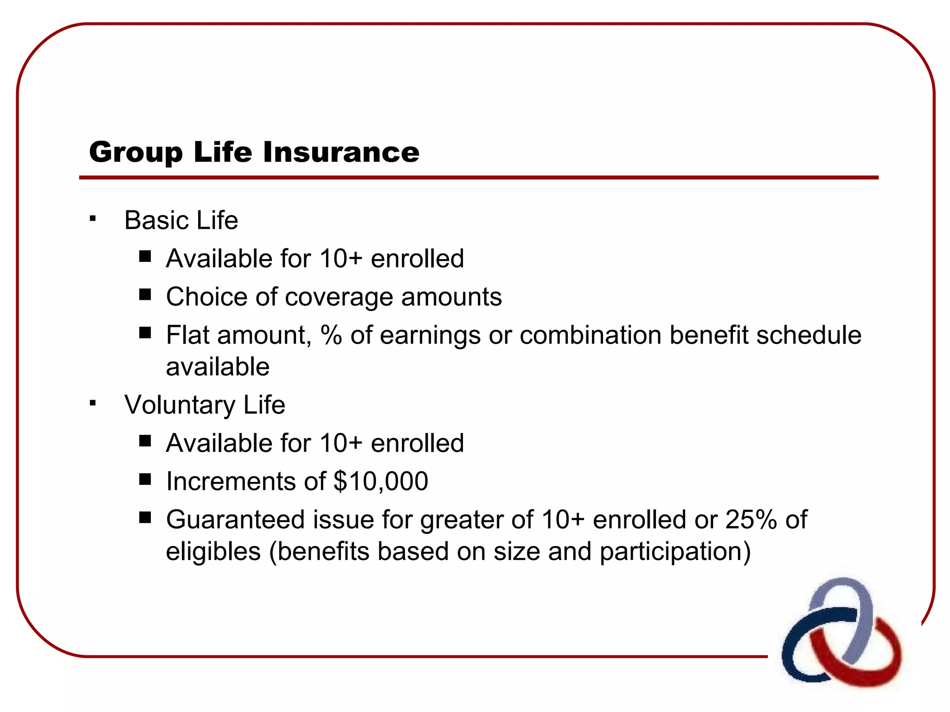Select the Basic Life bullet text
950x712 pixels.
point(181,220)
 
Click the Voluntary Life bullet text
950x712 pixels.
point(205,405)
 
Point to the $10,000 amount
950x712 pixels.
point(380,481)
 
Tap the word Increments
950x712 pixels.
point(231,481)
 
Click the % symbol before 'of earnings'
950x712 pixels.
point(331,336)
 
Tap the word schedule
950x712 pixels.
point(809,335)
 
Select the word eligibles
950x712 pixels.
point(213,552)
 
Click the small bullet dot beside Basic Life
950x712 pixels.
point(93,218)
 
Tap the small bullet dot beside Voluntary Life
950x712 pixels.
point(93,403)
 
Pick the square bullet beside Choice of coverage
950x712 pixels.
point(145,294)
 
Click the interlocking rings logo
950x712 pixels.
point(841,631)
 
